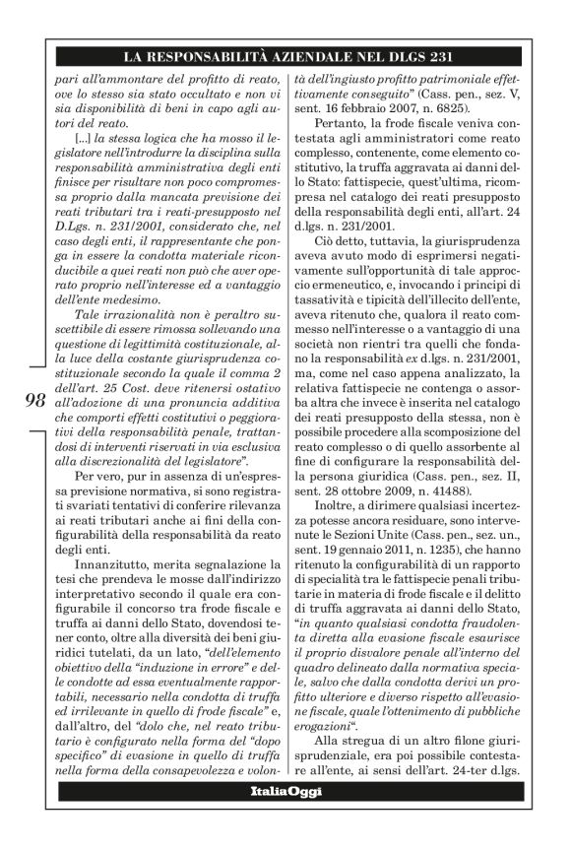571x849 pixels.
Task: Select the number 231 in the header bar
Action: point(442,55)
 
